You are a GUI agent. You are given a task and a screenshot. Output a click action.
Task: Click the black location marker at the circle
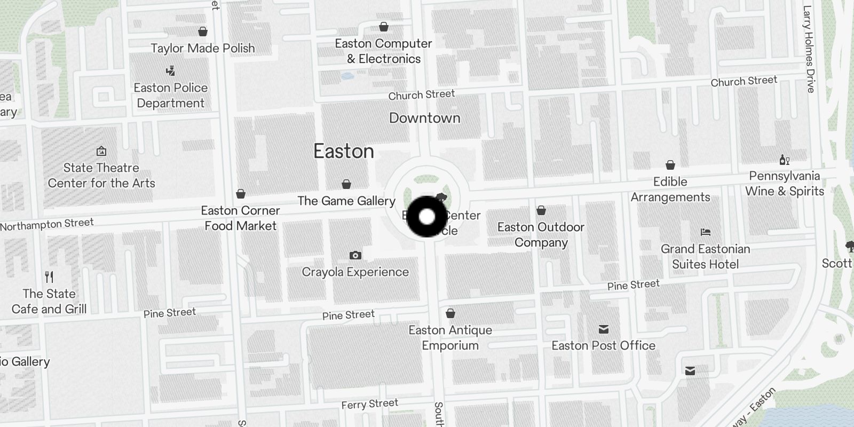click(427, 217)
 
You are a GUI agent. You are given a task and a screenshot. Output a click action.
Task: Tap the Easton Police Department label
click(170, 96)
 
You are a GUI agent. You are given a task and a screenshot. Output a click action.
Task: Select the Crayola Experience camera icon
click(355, 256)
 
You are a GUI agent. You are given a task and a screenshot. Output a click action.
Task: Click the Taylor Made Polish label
click(203, 48)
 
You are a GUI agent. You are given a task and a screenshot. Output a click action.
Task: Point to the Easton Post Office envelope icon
click(604, 329)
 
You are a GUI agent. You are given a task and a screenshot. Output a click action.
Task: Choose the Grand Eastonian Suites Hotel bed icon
click(706, 232)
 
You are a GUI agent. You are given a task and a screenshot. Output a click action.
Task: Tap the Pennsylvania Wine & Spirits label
click(785, 184)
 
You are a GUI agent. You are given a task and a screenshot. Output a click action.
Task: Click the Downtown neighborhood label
click(424, 118)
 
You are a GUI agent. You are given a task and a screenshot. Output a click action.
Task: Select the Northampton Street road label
click(47, 225)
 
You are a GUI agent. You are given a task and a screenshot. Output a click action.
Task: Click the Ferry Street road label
click(370, 404)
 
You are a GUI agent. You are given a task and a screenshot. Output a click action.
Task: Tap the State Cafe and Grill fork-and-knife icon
click(50, 277)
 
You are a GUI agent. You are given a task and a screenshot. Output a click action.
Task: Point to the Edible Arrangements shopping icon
click(670, 165)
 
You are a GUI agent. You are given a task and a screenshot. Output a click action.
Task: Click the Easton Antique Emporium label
click(450, 338)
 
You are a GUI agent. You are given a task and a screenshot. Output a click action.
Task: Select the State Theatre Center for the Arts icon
click(101, 151)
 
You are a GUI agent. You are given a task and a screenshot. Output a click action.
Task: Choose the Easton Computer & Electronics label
click(383, 51)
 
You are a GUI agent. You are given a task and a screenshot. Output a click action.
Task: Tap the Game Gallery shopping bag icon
click(346, 185)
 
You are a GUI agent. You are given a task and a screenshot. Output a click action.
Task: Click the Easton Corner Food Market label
click(241, 218)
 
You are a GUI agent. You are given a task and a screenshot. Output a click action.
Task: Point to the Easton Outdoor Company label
click(541, 235)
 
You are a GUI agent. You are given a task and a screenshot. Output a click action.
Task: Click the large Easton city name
click(344, 152)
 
